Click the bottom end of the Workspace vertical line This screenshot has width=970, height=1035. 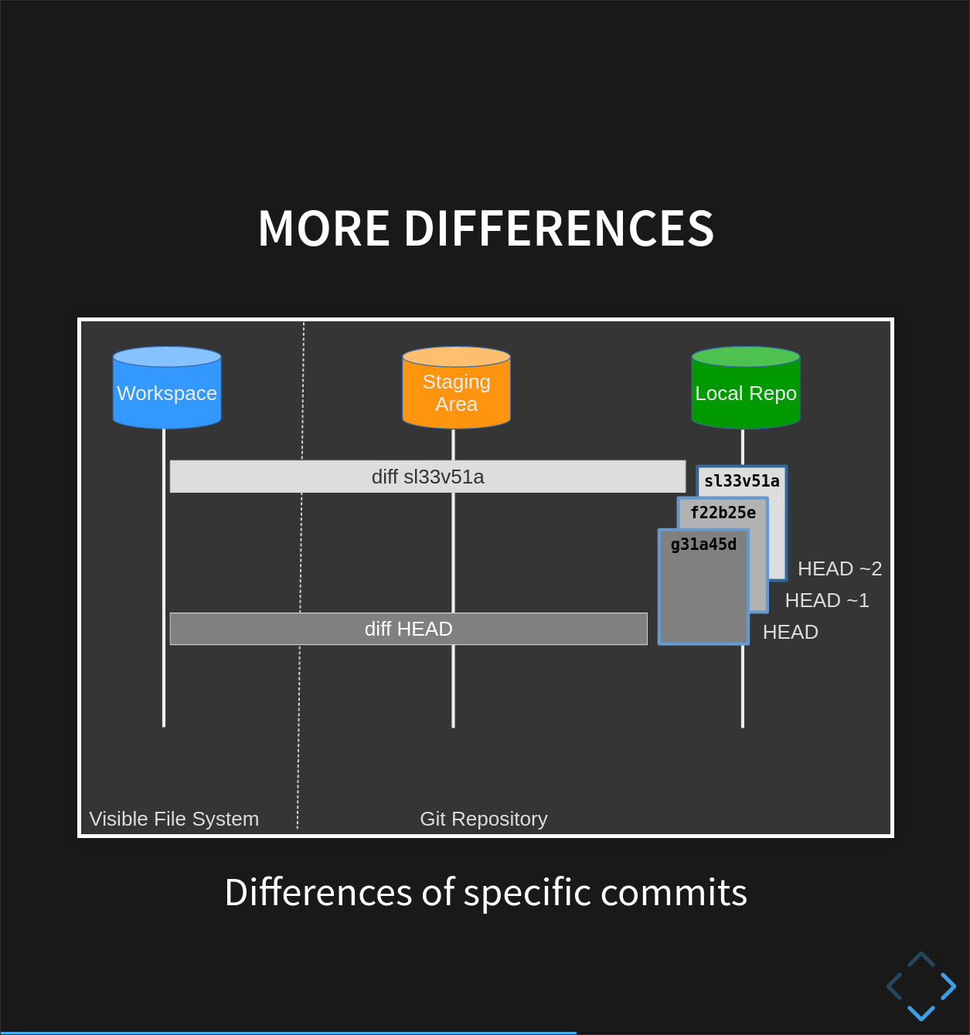click(x=164, y=727)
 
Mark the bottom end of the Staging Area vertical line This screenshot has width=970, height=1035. click(x=453, y=727)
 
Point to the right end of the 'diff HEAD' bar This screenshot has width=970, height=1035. click(x=647, y=629)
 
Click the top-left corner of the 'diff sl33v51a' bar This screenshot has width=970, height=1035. click(x=170, y=460)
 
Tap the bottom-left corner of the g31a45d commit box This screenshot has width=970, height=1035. click(x=659, y=645)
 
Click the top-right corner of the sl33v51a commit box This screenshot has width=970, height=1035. click(x=786, y=466)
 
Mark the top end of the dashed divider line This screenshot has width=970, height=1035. click(x=304, y=322)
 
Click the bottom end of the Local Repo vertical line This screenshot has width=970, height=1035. click(x=743, y=727)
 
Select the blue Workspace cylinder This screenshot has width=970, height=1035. click(x=167, y=388)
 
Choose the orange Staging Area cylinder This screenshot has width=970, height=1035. click(x=456, y=388)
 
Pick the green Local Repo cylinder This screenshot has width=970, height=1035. click(x=746, y=388)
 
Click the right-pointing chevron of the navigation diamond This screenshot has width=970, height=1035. click(x=949, y=986)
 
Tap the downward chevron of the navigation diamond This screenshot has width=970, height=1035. click(x=921, y=1013)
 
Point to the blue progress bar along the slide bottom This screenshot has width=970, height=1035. click(x=288, y=1033)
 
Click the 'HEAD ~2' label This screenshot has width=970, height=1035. click(x=839, y=568)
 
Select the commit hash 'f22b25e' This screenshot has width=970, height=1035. click(x=723, y=513)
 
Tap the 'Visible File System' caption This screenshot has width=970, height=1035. click(x=174, y=819)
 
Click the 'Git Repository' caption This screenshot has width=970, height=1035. click(x=484, y=819)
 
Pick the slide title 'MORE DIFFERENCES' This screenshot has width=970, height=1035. click(x=485, y=228)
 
